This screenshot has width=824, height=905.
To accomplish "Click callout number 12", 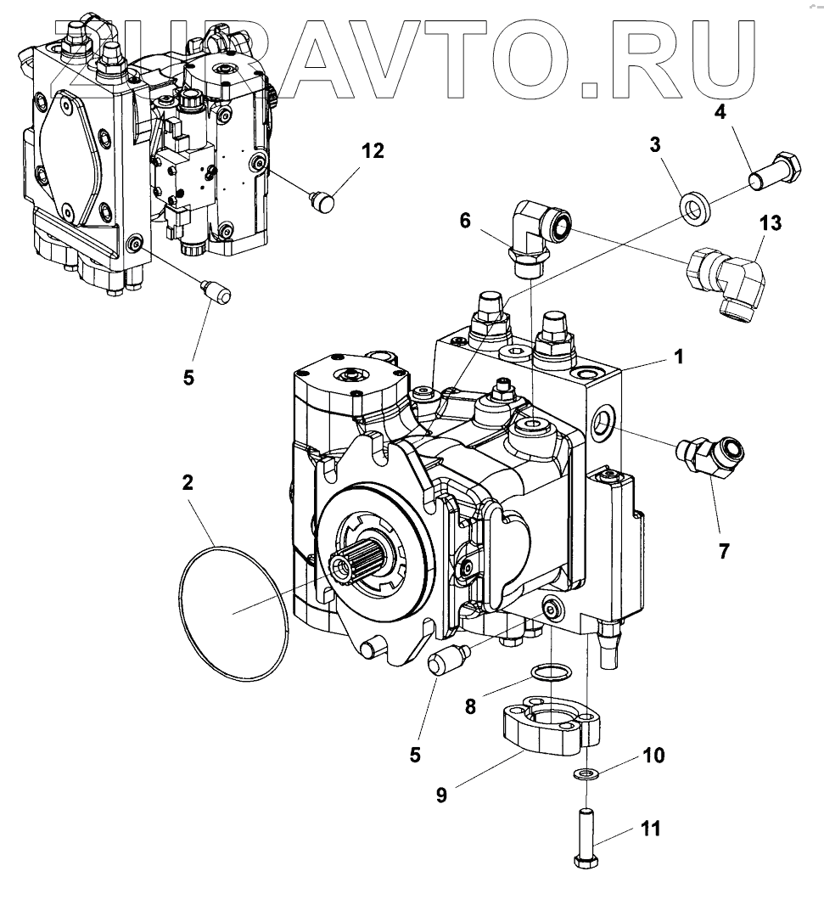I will [373, 151].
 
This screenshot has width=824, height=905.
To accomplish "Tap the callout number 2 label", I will [188, 483].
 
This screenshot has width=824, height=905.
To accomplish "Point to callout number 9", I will [441, 795].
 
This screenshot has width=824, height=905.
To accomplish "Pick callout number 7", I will [723, 550].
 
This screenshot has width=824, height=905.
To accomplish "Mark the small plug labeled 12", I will [320, 202].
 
